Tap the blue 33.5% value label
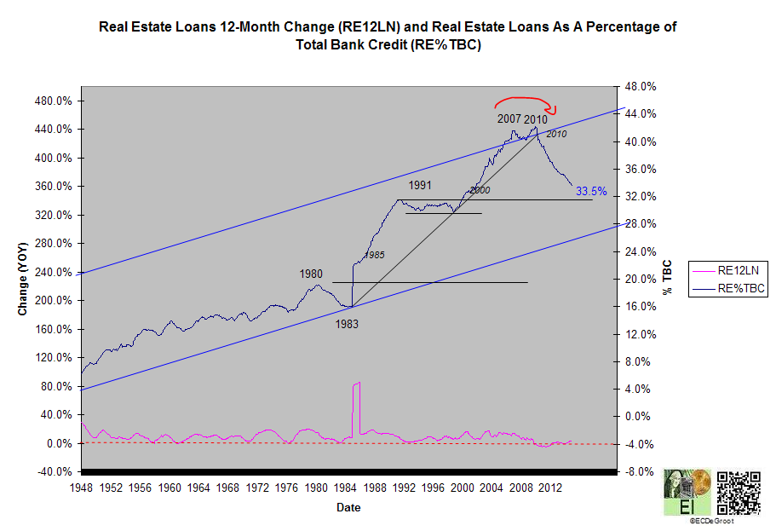590,191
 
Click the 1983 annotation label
346,324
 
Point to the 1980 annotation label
311,274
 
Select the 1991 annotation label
420,185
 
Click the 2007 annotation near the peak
509,119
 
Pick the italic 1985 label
375,255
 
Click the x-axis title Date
347,507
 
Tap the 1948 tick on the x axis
81,488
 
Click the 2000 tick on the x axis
462,488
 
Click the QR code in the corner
738,492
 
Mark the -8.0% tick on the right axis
638,471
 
